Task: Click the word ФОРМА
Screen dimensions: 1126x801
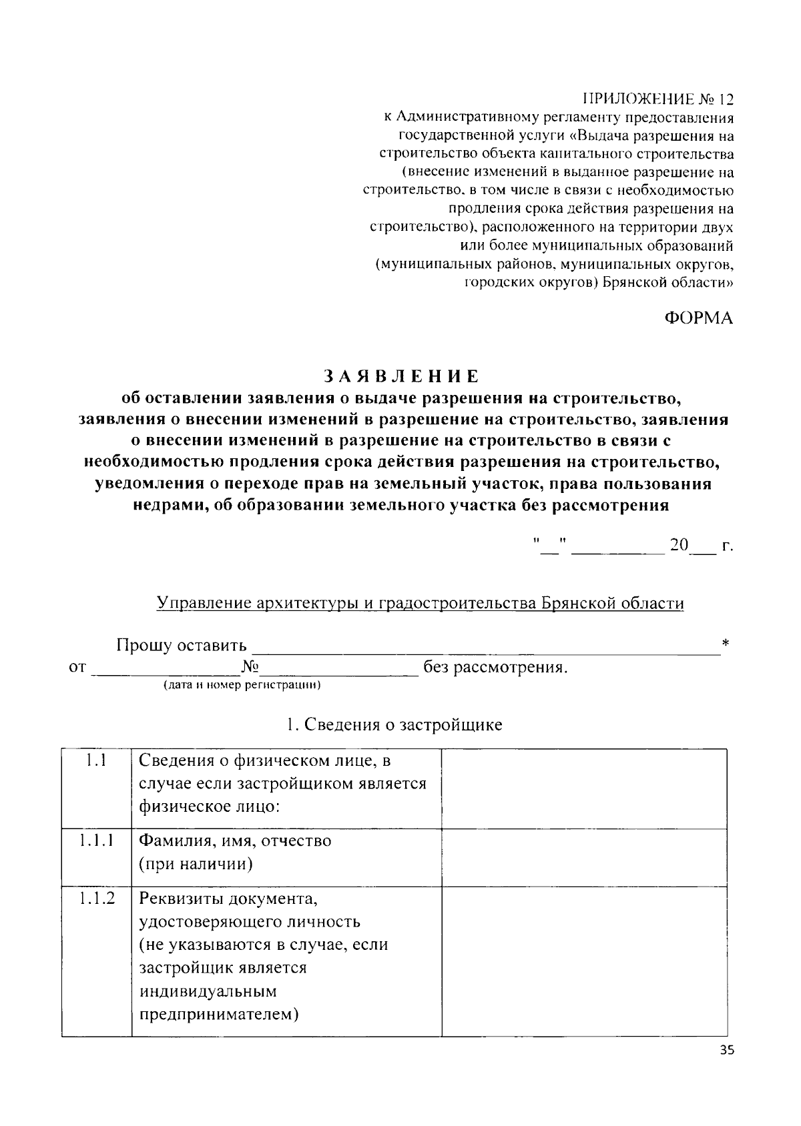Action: click(x=698, y=318)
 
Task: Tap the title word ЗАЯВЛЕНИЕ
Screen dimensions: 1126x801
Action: click(x=401, y=376)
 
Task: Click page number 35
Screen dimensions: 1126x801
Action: click(x=727, y=1051)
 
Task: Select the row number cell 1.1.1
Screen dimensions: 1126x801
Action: click(x=96, y=840)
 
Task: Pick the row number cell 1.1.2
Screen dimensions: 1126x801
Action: click(x=96, y=898)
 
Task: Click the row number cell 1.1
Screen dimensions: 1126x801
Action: click(x=96, y=760)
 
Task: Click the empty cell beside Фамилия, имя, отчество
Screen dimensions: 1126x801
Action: click(x=584, y=857)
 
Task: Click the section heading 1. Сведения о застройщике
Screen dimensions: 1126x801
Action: click(x=394, y=724)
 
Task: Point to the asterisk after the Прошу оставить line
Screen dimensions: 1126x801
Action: click(x=726, y=644)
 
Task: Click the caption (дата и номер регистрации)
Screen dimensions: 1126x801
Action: click(x=242, y=685)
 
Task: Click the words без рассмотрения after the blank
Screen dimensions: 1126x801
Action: click(x=495, y=668)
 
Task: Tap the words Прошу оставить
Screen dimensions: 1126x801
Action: click(x=182, y=646)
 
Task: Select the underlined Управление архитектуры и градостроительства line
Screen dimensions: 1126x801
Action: click(x=420, y=603)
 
